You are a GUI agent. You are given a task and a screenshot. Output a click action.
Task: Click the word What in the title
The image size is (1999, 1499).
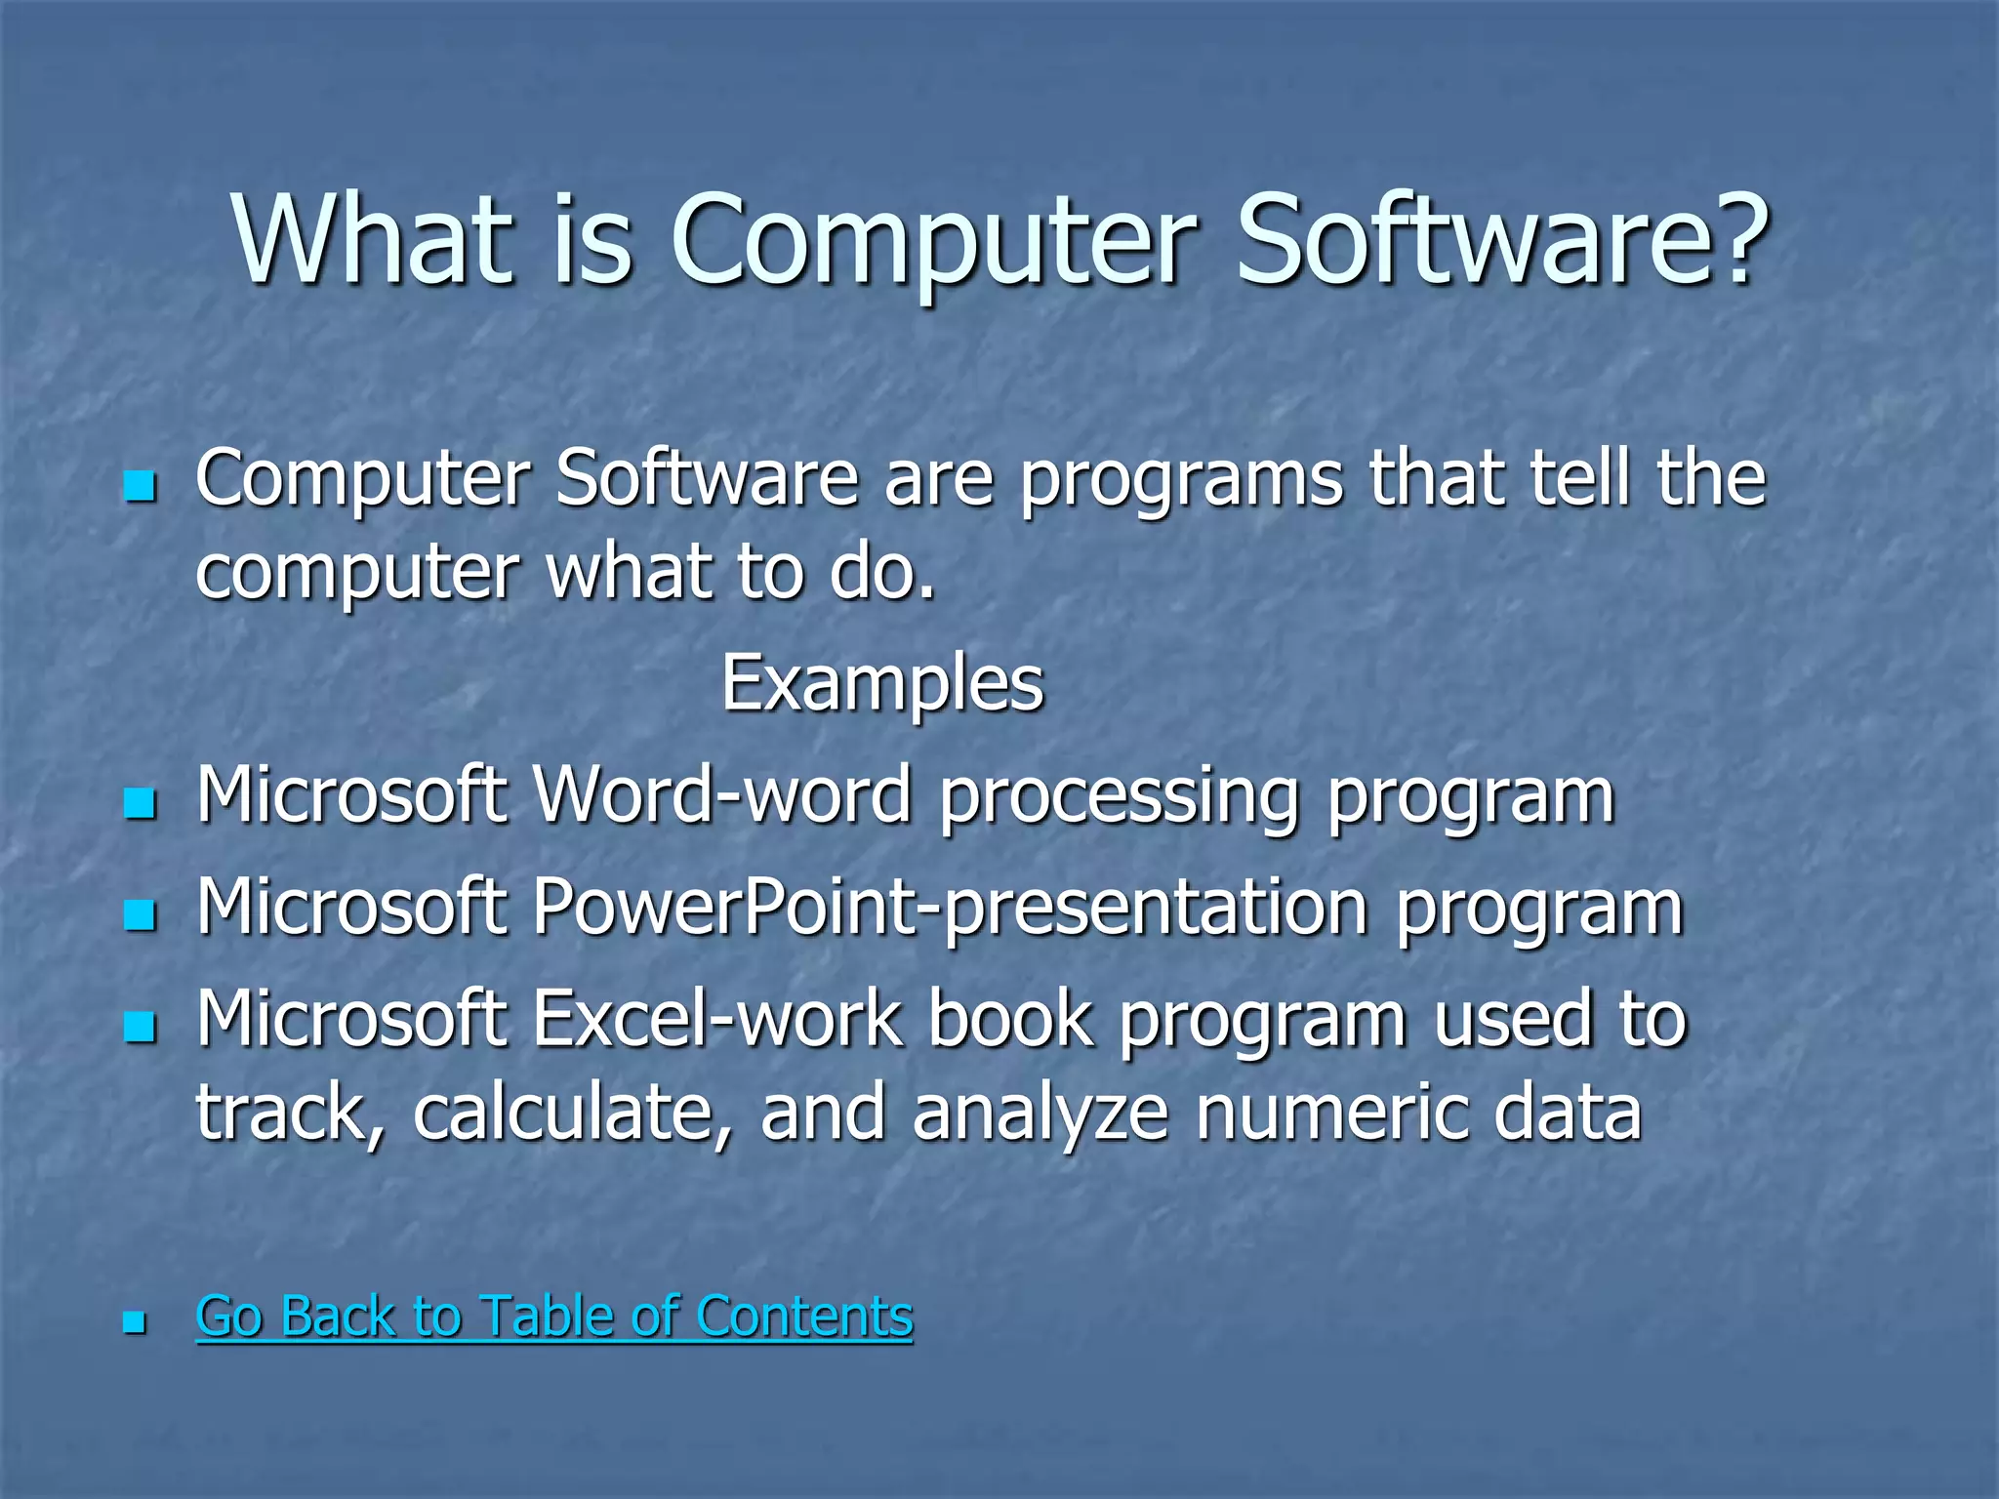(372, 239)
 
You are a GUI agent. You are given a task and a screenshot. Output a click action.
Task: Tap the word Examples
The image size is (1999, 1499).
(882, 683)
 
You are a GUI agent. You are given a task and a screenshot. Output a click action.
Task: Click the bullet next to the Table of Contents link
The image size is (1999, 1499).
(135, 1322)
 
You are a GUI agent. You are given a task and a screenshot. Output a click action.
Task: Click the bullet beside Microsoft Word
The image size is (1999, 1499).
(141, 803)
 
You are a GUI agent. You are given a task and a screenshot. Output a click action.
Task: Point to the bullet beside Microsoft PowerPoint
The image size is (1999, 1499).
(141, 914)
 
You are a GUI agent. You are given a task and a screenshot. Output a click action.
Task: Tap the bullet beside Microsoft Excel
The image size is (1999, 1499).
(141, 1026)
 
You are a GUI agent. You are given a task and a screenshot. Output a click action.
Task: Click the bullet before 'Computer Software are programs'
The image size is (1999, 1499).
(141, 485)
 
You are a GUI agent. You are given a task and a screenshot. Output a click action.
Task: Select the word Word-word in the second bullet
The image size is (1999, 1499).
(722, 795)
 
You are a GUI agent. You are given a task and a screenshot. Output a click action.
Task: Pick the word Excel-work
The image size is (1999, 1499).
(717, 1020)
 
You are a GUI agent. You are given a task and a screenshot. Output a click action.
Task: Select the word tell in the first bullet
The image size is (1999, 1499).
(1581, 478)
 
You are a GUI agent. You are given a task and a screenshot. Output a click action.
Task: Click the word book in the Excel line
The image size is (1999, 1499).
(1010, 1020)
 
